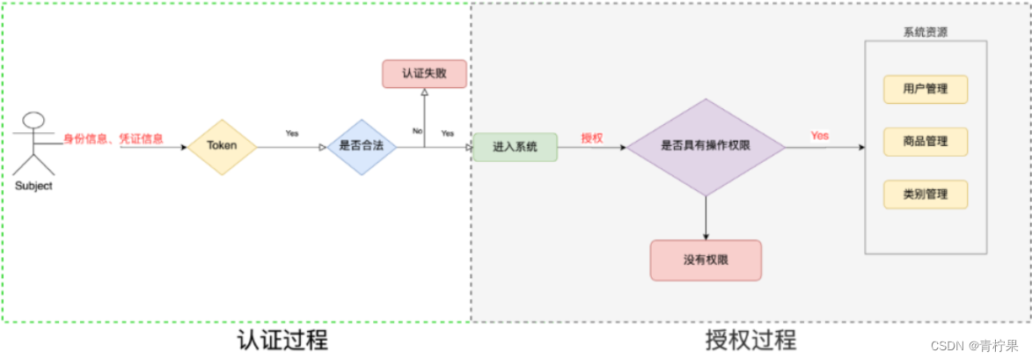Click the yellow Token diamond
(x=222, y=147)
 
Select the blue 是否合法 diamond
(x=362, y=147)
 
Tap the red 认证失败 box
(x=425, y=74)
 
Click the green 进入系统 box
(x=516, y=147)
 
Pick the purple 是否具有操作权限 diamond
(x=706, y=147)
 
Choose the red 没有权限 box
(x=706, y=261)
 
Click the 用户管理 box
(x=926, y=90)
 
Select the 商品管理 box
(x=926, y=142)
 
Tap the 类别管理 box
(x=926, y=195)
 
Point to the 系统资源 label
(x=926, y=33)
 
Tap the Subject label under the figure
(x=33, y=187)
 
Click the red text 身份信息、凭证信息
(x=113, y=139)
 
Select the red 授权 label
(x=592, y=138)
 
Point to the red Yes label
(x=819, y=136)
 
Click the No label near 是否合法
(x=417, y=131)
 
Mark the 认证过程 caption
(x=282, y=340)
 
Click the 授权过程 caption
(x=751, y=340)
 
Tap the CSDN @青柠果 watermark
(x=973, y=346)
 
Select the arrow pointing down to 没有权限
(x=706, y=217)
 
